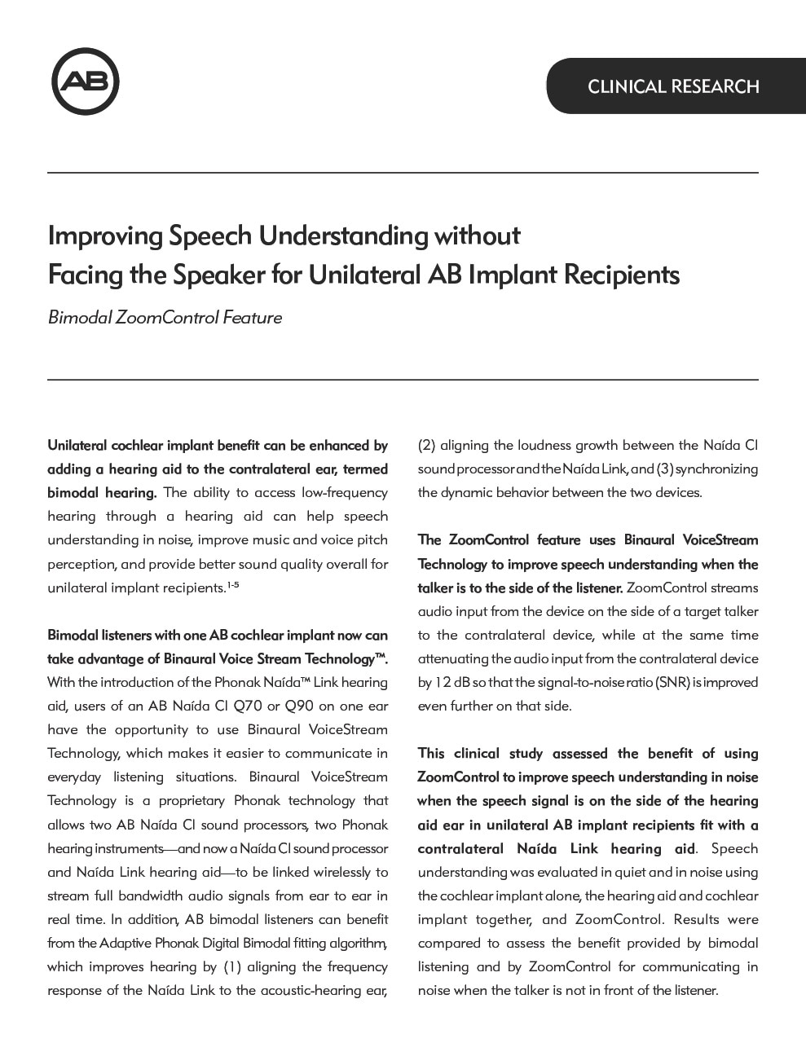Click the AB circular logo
tap(86, 81)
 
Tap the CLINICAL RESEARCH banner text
tap(673, 86)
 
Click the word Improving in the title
tap(105, 235)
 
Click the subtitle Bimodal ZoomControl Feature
tap(165, 318)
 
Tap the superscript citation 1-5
tap(232, 585)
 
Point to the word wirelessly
tap(331, 872)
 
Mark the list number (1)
tap(232, 966)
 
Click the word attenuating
tap(451, 658)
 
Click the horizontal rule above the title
tap(403, 173)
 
